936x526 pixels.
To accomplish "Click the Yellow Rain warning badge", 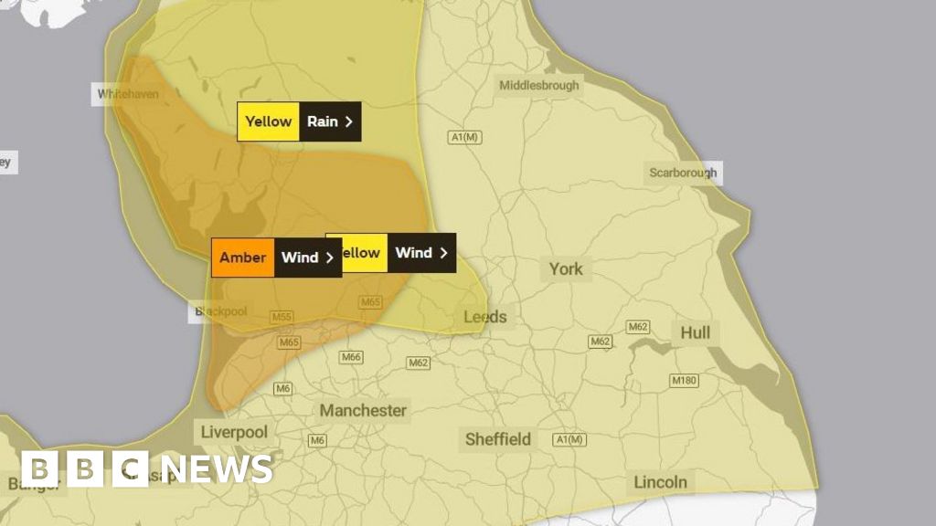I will tap(299, 121).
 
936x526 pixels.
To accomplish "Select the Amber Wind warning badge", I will tap(276, 258).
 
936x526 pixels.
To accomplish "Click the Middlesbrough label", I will tap(538, 86).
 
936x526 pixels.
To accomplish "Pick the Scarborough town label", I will tap(683, 173).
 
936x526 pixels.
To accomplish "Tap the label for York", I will tap(565, 269).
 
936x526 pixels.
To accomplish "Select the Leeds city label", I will tap(484, 317).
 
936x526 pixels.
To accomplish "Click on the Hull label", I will tap(695, 333).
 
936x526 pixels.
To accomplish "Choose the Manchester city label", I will tap(363, 411).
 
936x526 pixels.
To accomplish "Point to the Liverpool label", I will tap(233, 431).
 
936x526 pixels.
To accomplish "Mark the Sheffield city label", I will tap(498, 439).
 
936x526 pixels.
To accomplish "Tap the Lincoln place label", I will tap(660, 482).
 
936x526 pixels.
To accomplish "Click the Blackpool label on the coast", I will tap(220, 312).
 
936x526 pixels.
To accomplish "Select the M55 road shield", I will tap(282, 317).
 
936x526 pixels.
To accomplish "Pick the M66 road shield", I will tap(351, 357).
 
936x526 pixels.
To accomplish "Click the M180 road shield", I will tap(683, 380).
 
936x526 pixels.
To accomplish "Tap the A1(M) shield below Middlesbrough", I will tap(464, 137).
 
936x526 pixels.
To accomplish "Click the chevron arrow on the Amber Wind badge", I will tap(329, 258).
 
